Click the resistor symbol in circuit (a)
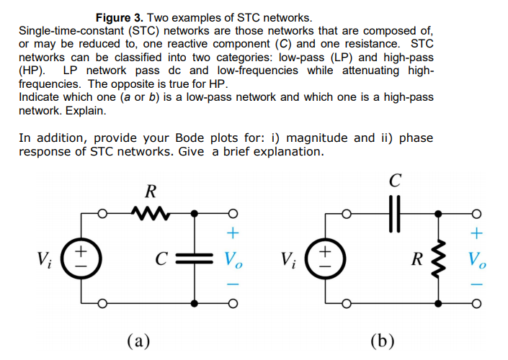tap(150, 213)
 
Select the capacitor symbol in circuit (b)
tap(393, 213)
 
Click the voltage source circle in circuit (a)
tap(81, 258)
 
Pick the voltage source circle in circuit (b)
tap(325, 258)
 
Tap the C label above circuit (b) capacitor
tap(393, 180)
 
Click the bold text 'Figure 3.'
tap(121, 17)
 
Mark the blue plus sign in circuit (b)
tap(476, 234)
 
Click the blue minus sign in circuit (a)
tap(231, 283)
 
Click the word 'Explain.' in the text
tap(85, 112)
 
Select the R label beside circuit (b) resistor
tap(416, 258)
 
